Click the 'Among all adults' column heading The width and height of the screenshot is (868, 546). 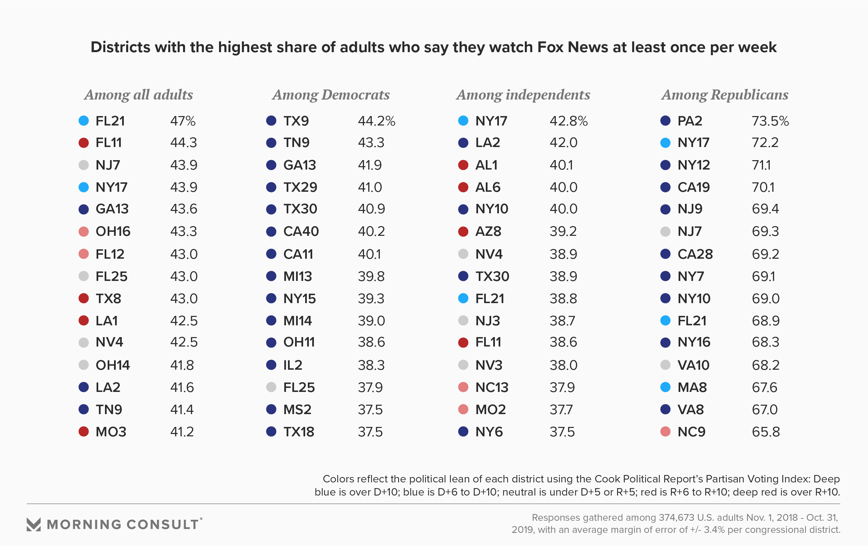pyautogui.click(x=138, y=95)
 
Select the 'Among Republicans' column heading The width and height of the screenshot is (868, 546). pyautogui.click(x=725, y=95)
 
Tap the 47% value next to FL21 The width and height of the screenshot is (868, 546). pyautogui.click(x=183, y=121)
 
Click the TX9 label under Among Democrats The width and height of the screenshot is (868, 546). pyautogui.click(x=296, y=121)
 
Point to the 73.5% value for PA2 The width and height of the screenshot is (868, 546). pyautogui.click(x=770, y=121)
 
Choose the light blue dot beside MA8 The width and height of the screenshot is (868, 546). pyautogui.click(x=665, y=387)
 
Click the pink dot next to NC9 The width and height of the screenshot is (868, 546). pyautogui.click(x=665, y=431)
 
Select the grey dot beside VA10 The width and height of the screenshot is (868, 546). pyautogui.click(x=665, y=365)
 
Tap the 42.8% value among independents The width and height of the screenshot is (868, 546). pyautogui.click(x=569, y=121)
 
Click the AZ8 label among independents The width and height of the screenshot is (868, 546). pyautogui.click(x=488, y=231)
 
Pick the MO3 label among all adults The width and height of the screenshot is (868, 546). pyautogui.click(x=111, y=432)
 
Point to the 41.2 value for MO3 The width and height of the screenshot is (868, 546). pyautogui.click(x=182, y=432)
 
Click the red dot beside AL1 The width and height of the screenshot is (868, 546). pyautogui.click(x=463, y=165)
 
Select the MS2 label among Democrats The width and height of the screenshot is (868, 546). pyautogui.click(x=297, y=410)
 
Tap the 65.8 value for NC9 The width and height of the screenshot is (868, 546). pyautogui.click(x=766, y=432)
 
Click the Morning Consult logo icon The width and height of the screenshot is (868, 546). pyautogui.click(x=34, y=524)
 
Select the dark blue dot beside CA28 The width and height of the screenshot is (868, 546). pyautogui.click(x=665, y=254)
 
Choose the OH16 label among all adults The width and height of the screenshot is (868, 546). pyautogui.click(x=113, y=231)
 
